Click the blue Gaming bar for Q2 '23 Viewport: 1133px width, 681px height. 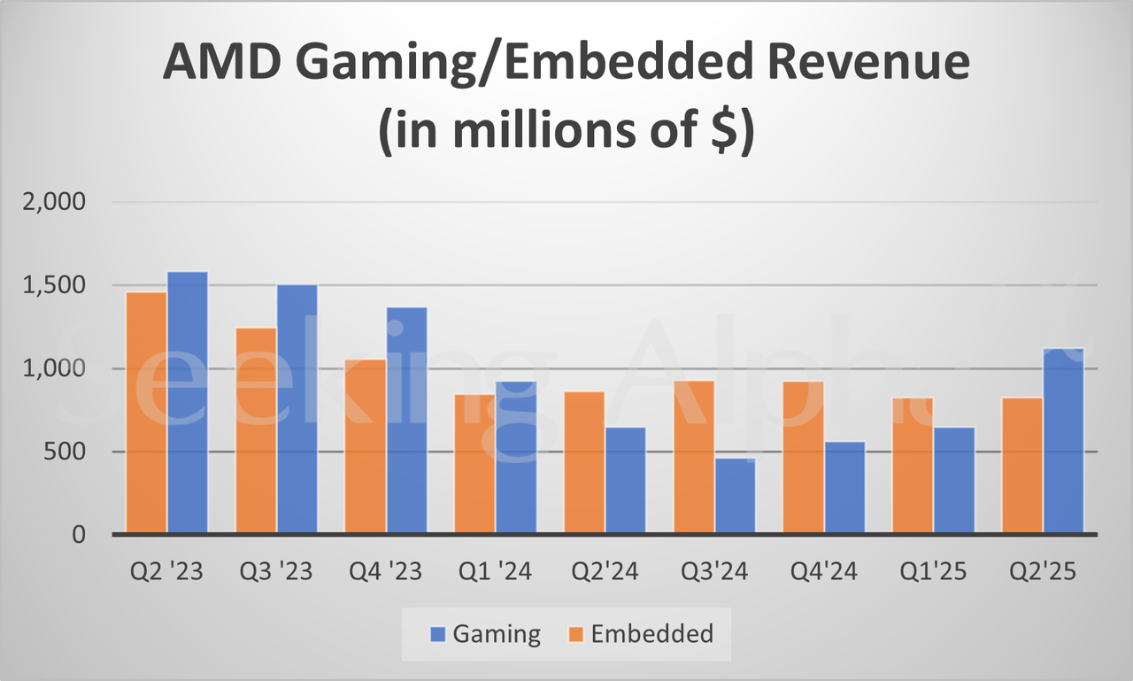pos(188,403)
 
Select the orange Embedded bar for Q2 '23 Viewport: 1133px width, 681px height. pos(146,414)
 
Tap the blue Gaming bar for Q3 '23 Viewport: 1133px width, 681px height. pos(297,409)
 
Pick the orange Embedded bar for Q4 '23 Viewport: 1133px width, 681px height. pos(365,447)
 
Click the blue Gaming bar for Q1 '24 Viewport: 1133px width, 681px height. pos(516,458)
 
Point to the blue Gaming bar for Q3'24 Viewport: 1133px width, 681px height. pos(735,496)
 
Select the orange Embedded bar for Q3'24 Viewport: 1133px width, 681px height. pos(693,457)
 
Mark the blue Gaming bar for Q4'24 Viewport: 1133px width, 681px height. pos(844,488)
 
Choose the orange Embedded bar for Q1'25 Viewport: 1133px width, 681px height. pos(913,466)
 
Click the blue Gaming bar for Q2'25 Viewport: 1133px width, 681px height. pos(1063,441)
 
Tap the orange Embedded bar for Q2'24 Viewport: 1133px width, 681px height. pos(584,463)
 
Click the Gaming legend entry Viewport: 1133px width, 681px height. pos(485,634)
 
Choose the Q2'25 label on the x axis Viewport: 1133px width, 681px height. pos(1044,572)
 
